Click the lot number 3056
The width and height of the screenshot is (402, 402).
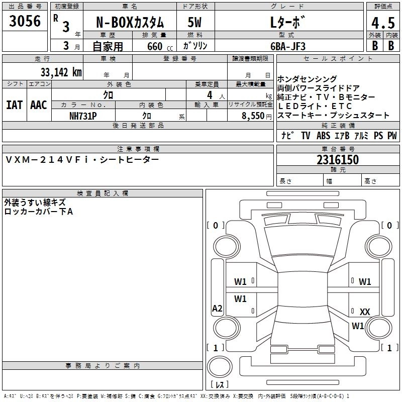(x=25, y=21)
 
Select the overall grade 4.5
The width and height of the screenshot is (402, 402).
(x=383, y=23)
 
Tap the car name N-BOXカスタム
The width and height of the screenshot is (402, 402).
(x=130, y=22)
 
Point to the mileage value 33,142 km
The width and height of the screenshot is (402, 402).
(x=61, y=72)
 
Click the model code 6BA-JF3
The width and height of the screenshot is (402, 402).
(x=288, y=46)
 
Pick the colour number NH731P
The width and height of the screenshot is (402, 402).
(x=83, y=116)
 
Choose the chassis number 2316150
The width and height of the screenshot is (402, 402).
(x=338, y=160)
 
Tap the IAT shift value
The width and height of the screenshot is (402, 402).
(x=15, y=105)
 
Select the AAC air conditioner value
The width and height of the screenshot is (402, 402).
(x=39, y=105)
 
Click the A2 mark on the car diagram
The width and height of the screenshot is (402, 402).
(x=217, y=308)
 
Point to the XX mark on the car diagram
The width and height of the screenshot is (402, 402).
(x=365, y=312)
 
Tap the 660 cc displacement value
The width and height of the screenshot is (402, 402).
(x=160, y=46)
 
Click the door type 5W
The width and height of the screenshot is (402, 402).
(x=194, y=22)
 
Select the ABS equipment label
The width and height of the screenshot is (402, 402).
(x=323, y=135)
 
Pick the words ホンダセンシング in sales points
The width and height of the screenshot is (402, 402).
(x=307, y=79)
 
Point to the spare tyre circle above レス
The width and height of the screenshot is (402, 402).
(x=220, y=367)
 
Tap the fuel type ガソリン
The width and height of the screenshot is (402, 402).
(x=195, y=46)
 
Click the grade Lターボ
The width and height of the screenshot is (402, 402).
(x=287, y=22)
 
